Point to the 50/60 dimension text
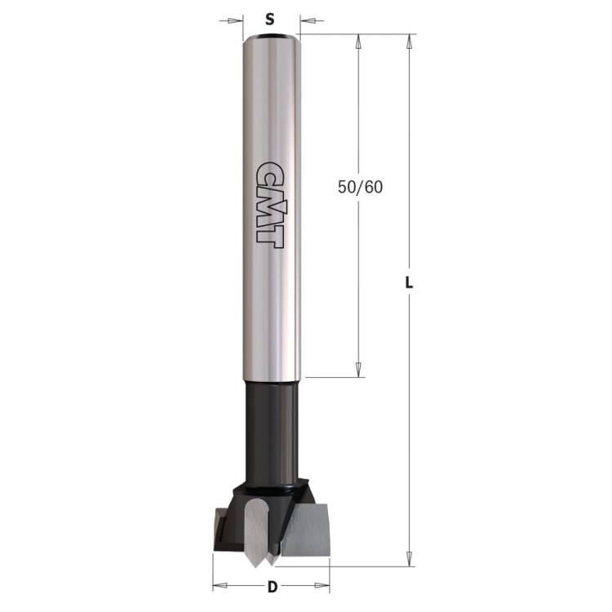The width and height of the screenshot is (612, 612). click(358, 186)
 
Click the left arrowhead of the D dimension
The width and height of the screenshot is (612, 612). click(218, 585)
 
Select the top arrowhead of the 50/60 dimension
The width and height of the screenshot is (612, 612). click(358, 41)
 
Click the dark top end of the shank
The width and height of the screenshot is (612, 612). click(272, 36)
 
